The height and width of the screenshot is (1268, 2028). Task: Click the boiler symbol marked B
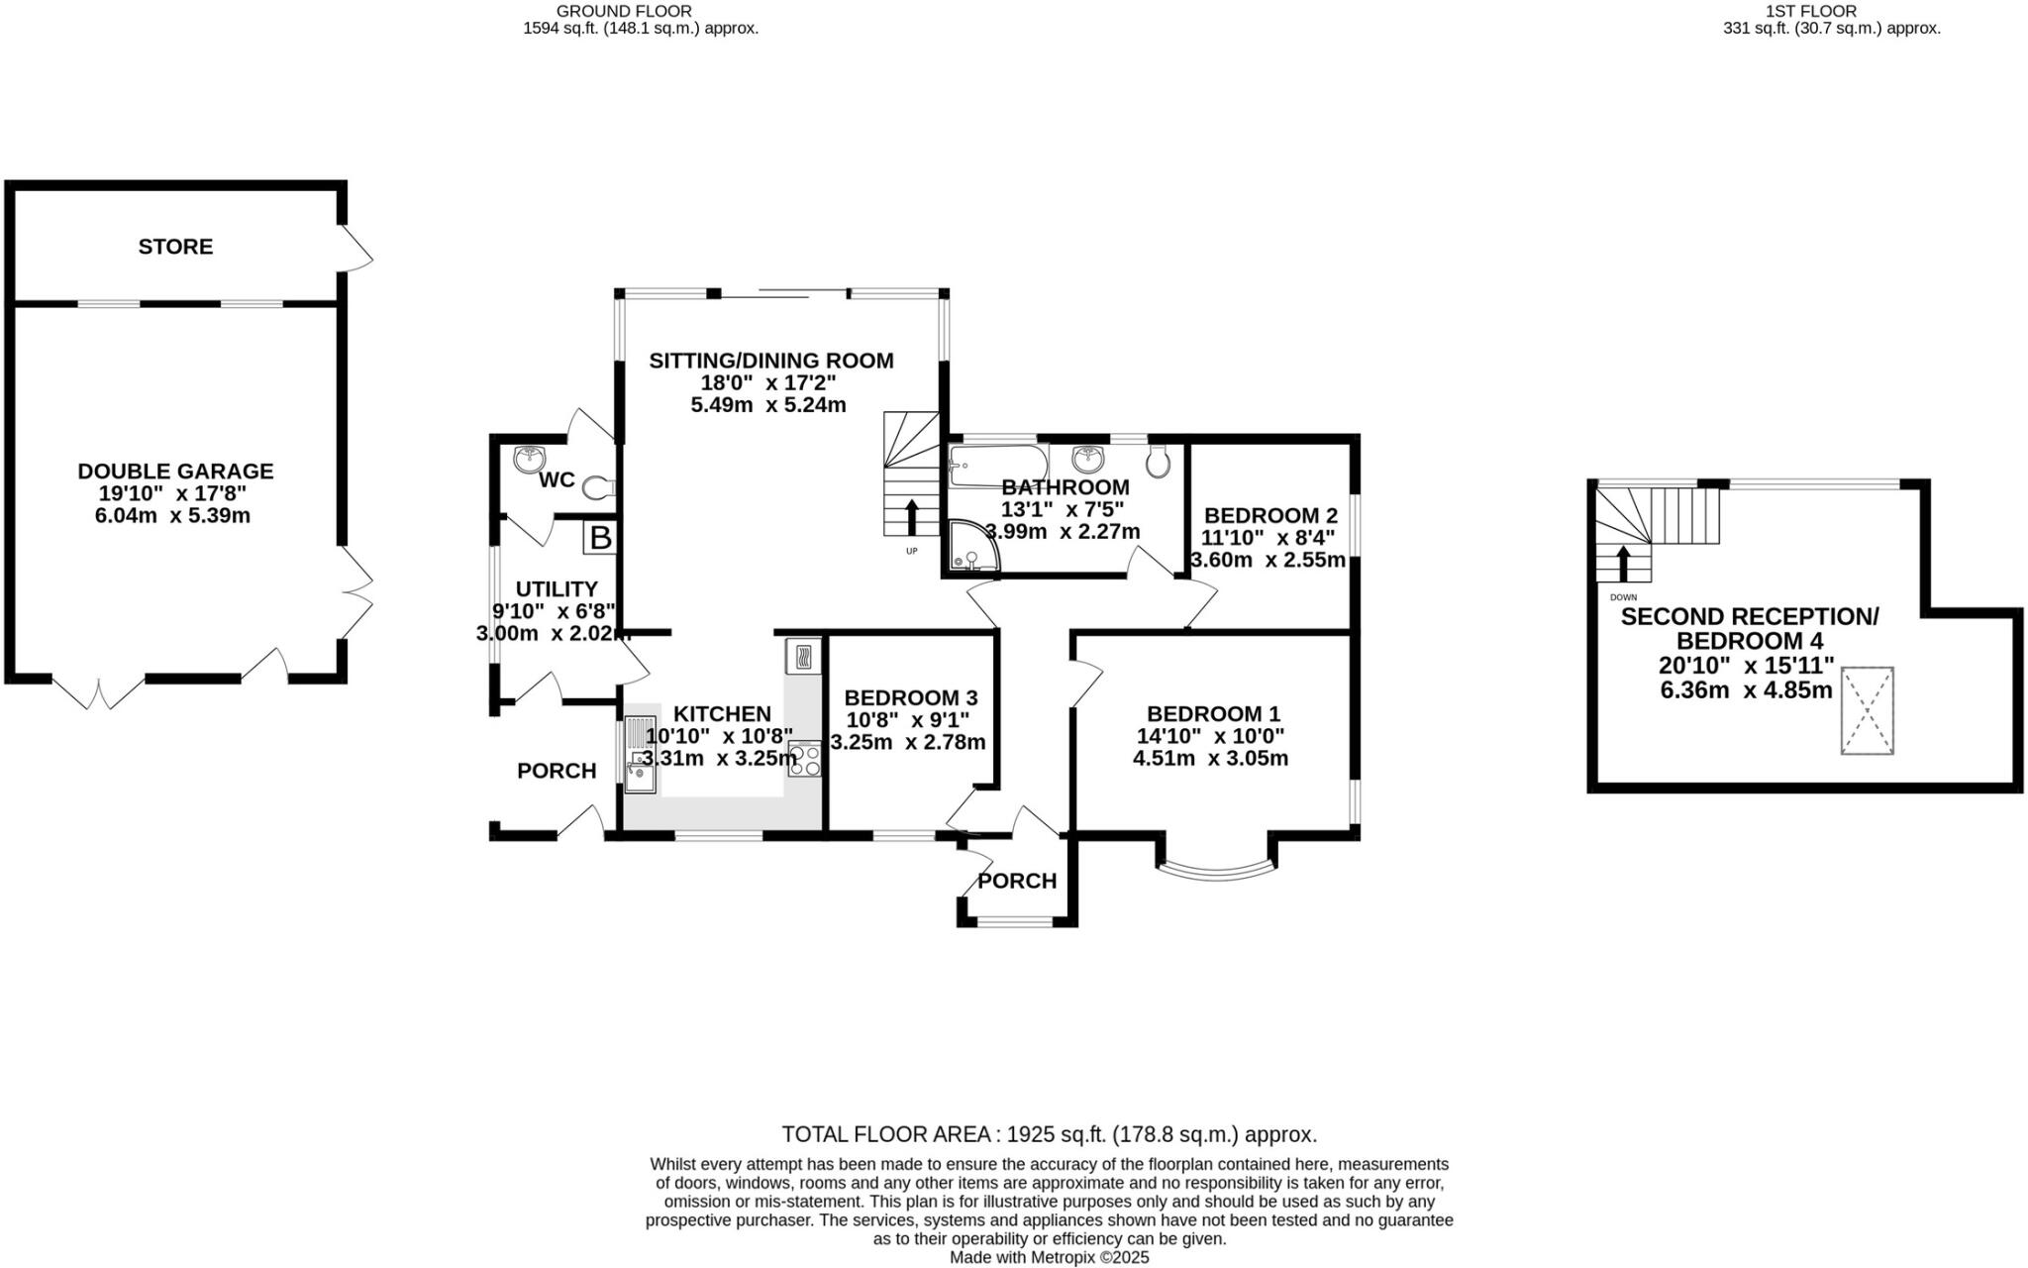601,538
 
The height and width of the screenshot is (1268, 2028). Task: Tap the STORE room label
175,247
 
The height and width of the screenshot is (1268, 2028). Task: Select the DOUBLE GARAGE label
175,472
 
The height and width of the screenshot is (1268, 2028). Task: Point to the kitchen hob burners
805,758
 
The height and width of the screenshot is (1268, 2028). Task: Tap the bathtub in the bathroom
997,465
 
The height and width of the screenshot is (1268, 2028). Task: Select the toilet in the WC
600,487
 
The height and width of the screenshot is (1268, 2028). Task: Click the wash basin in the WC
530,457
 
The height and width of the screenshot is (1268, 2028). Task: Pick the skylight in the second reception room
1867,710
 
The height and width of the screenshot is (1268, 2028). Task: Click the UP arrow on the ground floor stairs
912,517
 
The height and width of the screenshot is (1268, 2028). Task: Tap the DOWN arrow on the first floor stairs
1622,564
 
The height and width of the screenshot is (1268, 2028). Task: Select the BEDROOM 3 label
911,698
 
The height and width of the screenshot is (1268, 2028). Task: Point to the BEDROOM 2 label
1270,516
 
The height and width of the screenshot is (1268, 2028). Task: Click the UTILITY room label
557,589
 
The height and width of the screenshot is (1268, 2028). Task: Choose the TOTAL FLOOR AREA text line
1050,1134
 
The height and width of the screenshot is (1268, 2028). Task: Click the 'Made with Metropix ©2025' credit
1050,1257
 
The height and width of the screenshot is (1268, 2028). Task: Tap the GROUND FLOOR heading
624,11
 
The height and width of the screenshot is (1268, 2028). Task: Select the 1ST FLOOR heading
1825,11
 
